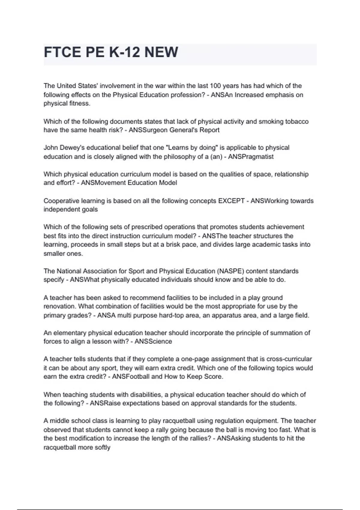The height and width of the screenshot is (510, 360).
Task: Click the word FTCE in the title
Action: tap(62, 52)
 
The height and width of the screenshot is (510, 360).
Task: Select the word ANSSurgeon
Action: tap(145, 130)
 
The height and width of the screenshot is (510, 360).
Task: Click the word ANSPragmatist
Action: tap(251, 157)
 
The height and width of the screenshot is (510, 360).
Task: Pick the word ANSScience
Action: tap(153, 341)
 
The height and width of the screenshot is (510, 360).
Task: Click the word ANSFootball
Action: tap(130, 376)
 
